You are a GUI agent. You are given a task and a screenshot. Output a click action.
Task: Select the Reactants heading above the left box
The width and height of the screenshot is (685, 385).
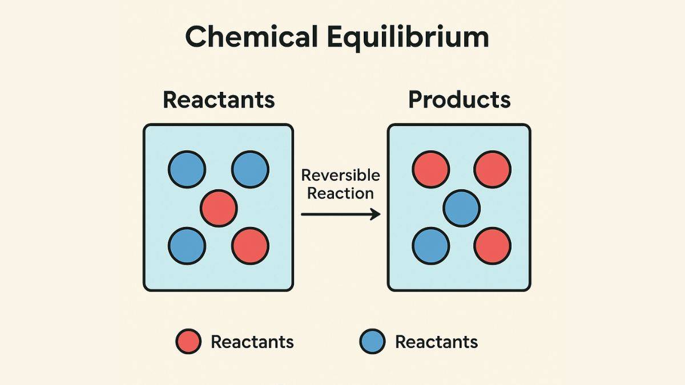coord(219,99)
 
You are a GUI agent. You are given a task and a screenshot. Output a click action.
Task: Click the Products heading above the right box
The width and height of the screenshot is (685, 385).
coord(459,99)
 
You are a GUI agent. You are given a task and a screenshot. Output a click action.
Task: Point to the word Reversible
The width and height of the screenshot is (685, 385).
coord(340,175)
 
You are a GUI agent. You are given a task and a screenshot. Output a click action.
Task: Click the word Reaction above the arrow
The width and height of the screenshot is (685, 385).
coord(340,193)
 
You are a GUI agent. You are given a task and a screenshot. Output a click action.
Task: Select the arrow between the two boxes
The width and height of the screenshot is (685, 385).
coord(340,214)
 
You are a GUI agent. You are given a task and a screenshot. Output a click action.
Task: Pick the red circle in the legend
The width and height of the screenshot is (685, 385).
coord(188,342)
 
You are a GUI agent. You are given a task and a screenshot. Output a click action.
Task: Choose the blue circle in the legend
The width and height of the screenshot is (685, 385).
coord(372,342)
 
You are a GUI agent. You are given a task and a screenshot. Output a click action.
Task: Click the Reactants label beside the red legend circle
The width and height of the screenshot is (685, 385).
coord(252,342)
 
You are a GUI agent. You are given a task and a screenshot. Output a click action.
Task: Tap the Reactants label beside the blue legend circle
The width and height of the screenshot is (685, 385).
coord(436,342)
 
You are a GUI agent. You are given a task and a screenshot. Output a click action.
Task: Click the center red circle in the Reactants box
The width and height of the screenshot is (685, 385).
coord(219,208)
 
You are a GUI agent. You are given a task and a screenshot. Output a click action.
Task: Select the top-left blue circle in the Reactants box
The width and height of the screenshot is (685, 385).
coord(187,169)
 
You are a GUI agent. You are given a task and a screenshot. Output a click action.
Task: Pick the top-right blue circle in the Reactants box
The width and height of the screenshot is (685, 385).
coord(250,169)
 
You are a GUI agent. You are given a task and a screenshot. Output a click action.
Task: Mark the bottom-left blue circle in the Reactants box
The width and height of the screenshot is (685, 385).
coord(187,246)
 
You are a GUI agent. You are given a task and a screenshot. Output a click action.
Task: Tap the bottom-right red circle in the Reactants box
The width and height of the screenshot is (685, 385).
coord(250,246)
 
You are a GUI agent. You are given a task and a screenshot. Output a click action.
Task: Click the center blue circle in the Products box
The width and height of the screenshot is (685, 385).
coord(462,208)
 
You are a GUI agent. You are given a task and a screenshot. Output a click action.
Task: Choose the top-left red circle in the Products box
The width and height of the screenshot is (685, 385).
coord(431,169)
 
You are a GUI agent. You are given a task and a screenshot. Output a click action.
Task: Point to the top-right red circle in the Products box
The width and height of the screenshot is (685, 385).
coord(493,169)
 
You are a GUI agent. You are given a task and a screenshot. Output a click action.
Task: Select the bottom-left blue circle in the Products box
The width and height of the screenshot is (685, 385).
coord(431,246)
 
